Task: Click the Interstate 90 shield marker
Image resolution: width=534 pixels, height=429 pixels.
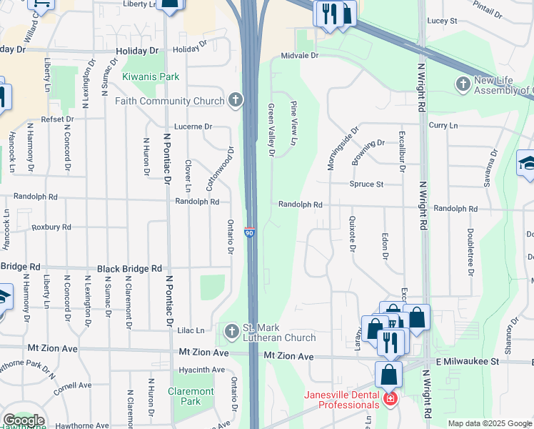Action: click(x=249, y=232)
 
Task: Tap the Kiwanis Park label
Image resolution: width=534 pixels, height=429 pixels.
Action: click(x=150, y=77)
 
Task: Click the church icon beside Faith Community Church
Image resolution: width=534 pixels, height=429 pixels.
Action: click(x=236, y=101)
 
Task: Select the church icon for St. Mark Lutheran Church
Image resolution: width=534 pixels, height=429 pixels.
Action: click(x=231, y=332)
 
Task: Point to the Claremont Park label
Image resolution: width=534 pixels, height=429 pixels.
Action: click(x=191, y=396)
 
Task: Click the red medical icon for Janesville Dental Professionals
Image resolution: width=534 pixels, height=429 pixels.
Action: click(x=389, y=399)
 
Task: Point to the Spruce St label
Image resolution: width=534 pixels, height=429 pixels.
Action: click(x=366, y=184)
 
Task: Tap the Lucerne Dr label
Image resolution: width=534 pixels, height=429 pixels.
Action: click(x=198, y=127)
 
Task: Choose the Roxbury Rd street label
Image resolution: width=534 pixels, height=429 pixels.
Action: click(x=51, y=227)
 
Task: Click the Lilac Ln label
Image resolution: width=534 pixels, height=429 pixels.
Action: click(x=191, y=330)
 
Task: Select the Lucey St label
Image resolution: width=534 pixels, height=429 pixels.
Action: click(x=442, y=21)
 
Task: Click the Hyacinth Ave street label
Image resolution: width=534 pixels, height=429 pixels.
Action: click(x=203, y=370)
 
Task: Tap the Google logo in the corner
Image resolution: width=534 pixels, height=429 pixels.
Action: click(x=24, y=421)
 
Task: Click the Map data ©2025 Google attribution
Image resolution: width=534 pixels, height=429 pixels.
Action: click(x=490, y=423)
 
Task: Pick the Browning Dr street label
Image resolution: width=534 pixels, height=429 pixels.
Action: click(x=368, y=143)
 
